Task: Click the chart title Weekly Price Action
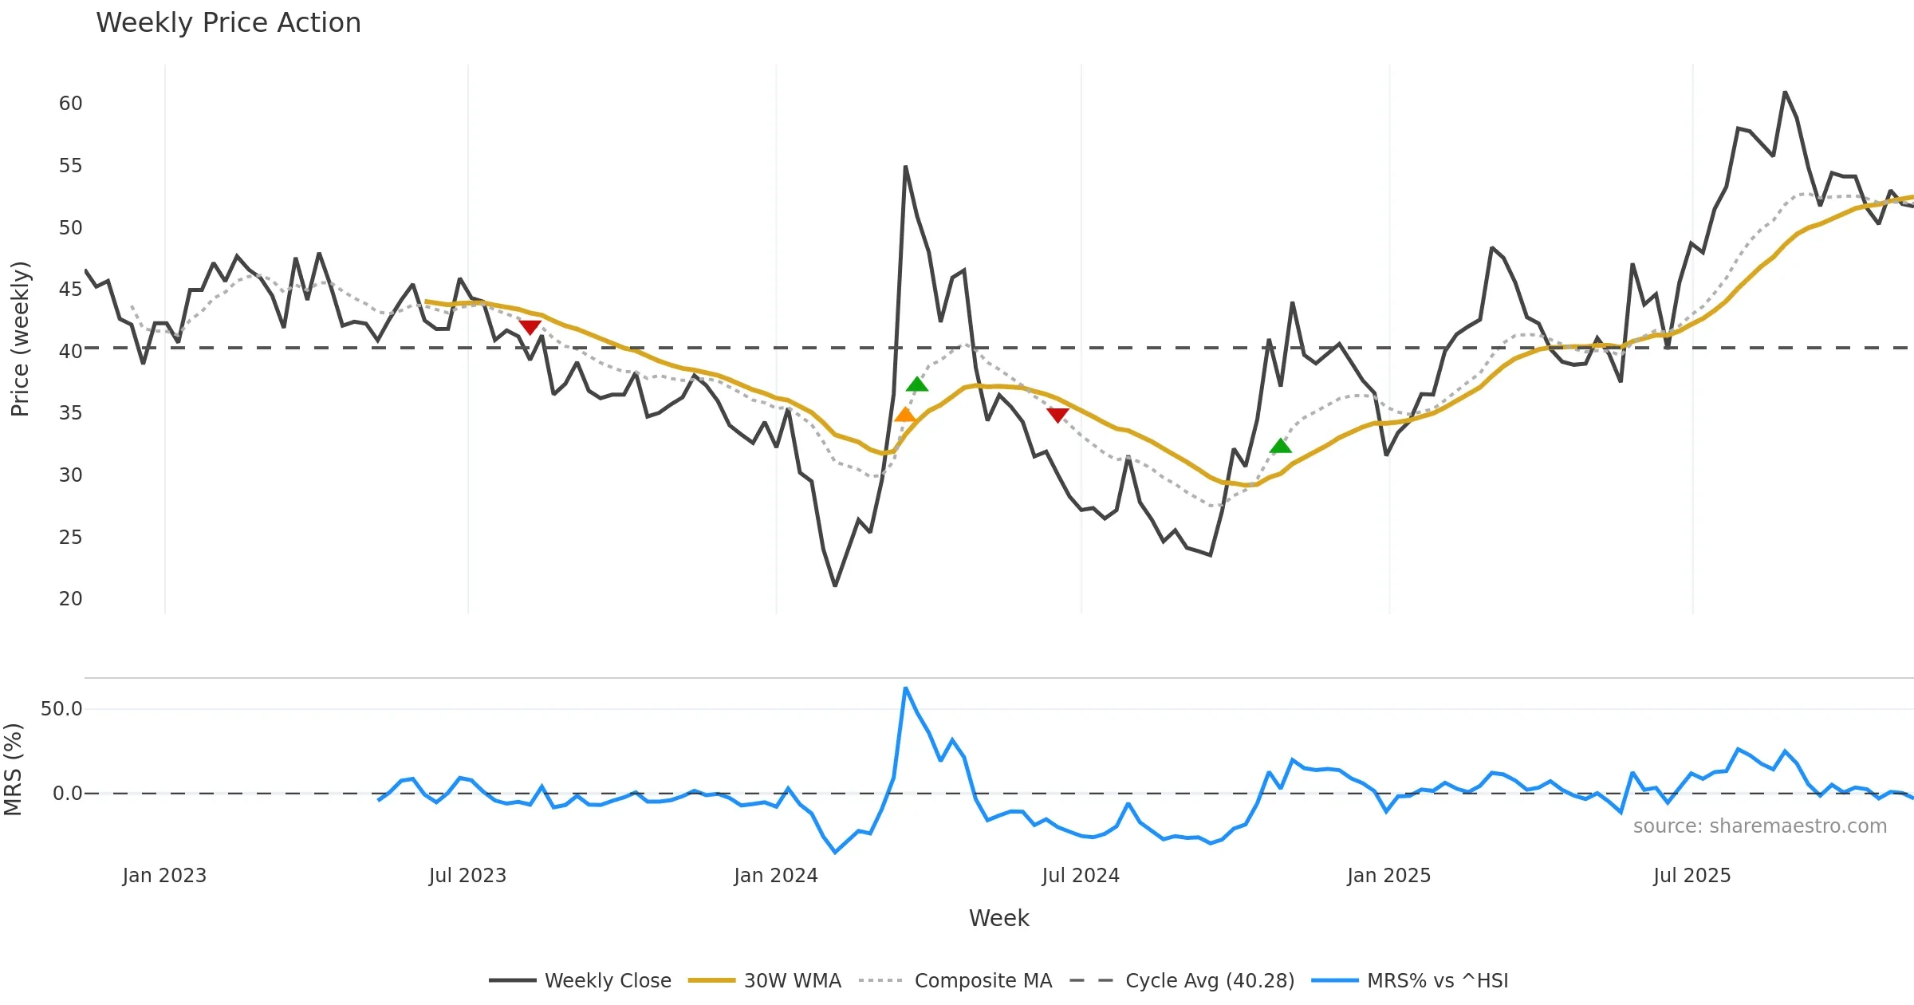point(228,23)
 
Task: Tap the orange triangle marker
point(905,415)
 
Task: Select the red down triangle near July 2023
point(530,327)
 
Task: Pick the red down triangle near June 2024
point(1057,415)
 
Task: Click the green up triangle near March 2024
point(917,384)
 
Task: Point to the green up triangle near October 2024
point(1280,446)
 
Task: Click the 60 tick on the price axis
point(70,104)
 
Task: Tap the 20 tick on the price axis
point(70,599)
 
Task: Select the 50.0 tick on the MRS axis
point(61,709)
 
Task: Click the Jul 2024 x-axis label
point(1081,876)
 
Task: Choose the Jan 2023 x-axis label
point(164,876)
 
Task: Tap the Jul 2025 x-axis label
point(1691,876)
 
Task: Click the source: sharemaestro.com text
point(1759,826)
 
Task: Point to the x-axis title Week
point(998,918)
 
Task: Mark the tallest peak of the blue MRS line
point(905,688)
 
